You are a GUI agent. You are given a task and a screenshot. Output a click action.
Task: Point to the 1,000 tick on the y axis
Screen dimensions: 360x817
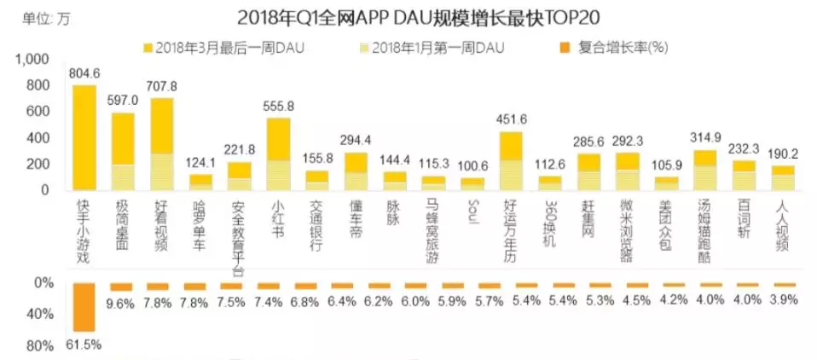pyautogui.click(x=33, y=59)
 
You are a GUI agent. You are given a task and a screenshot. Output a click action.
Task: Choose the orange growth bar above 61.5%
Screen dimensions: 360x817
pyautogui.click(x=84, y=307)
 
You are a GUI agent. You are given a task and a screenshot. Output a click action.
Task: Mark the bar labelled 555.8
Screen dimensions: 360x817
pyautogui.click(x=279, y=154)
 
